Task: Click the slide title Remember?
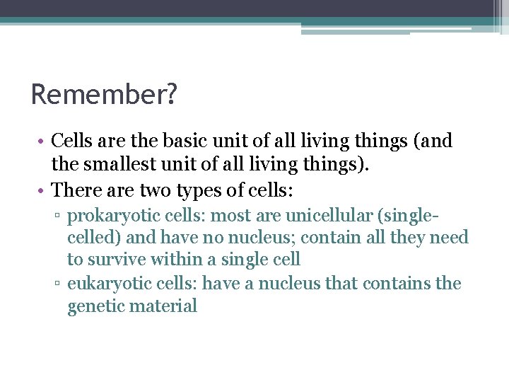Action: coord(103,94)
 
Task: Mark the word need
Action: coord(450,237)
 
